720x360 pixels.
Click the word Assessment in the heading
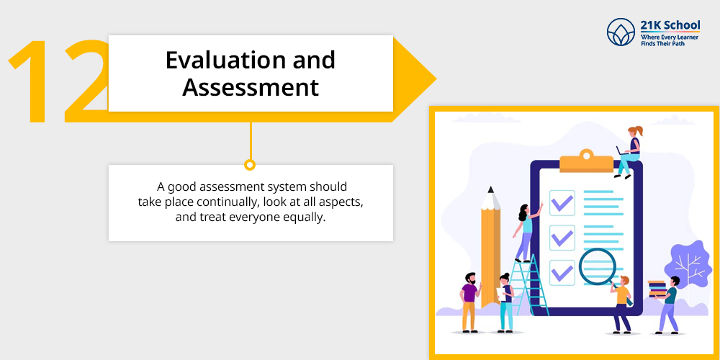(251, 88)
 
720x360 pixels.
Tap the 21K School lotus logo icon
(621, 32)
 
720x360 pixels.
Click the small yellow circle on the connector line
(250, 164)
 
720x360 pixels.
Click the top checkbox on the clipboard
(562, 202)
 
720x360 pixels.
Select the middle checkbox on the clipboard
(562, 238)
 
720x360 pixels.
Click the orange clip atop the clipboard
(586, 161)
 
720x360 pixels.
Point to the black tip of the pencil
(491, 189)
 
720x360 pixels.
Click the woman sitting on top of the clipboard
(629, 151)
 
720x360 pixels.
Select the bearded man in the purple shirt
(469, 302)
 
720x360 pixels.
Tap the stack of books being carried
(657, 289)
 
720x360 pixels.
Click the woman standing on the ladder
(526, 233)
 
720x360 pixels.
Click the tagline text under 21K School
(670, 40)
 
